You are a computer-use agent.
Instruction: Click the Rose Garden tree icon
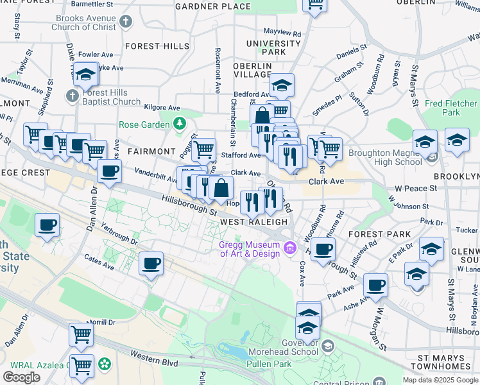(181, 124)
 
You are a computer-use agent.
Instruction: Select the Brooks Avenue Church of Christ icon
(125, 22)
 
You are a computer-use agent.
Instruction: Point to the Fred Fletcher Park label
(451, 108)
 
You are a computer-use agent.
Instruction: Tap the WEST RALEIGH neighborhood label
(254, 222)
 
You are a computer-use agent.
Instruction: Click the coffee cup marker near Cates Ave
(151, 263)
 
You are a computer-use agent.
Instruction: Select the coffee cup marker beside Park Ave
(375, 285)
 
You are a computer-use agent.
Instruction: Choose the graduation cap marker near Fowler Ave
(85, 74)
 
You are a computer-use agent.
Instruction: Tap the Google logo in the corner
(21, 377)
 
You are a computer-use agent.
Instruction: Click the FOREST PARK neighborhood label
(375, 235)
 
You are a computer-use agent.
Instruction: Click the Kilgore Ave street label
(162, 108)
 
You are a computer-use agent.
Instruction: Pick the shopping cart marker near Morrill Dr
(81, 334)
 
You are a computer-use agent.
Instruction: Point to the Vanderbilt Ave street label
(155, 176)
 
